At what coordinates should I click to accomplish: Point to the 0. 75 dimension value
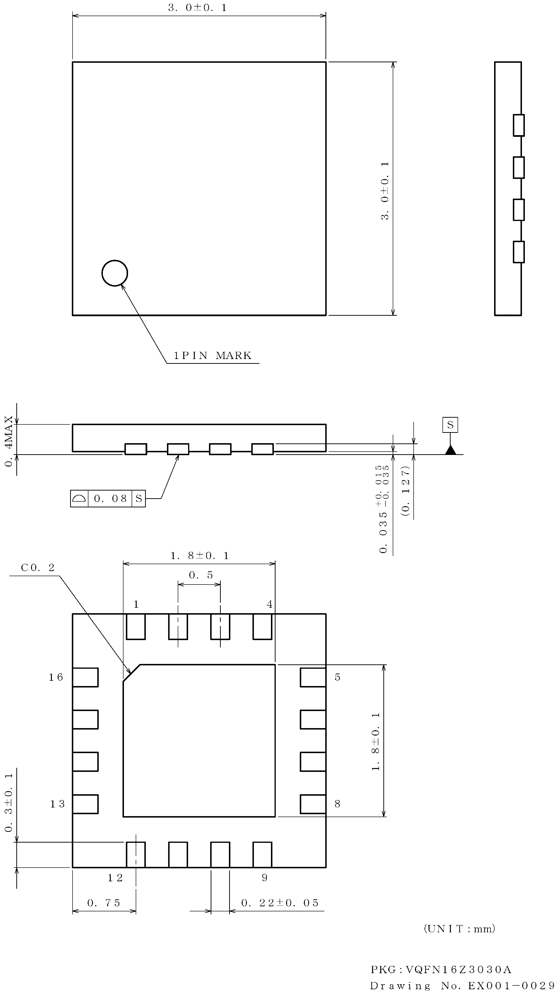(104, 903)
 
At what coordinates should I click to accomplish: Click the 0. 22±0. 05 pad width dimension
(280, 903)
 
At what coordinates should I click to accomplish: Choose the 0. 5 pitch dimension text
(201, 575)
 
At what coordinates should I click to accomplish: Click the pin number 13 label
(57, 804)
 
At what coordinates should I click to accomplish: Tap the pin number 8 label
(337, 804)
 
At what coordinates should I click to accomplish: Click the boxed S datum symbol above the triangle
(450, 424)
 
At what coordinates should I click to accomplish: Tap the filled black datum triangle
(450, 450)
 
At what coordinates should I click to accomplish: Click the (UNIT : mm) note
(459, 929)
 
